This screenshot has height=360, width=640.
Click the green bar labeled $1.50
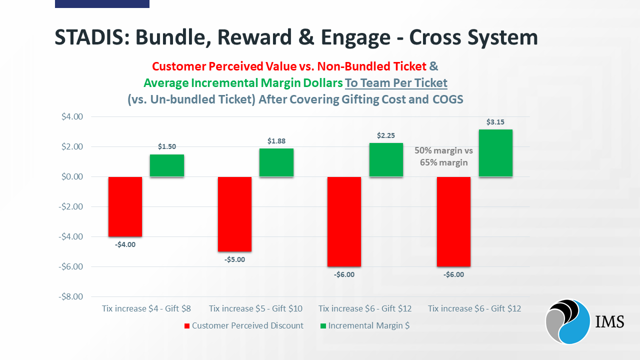point(167,165)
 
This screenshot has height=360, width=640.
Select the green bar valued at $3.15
point(495,153)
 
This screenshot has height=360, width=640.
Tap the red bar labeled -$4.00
point(125,206)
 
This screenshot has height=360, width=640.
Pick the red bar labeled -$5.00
point(234,214)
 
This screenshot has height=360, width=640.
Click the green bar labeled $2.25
point(386,159)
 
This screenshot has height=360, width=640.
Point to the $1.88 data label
point(276,141)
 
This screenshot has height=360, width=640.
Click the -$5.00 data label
point(234,259)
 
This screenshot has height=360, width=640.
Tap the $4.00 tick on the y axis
point(72,117)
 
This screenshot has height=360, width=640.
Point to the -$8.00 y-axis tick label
point(71,296)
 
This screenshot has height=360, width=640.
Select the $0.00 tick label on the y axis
point(72,177)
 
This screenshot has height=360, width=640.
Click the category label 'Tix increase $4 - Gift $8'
point(146,308)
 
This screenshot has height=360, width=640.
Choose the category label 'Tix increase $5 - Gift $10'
point(255,308)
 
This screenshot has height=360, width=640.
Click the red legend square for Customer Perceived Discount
point(187,326)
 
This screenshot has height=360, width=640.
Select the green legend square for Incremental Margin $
point(323,326)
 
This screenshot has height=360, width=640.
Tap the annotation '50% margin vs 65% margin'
point(444,156)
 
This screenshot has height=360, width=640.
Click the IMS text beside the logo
point(610,321)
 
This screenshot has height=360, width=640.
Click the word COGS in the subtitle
point(445,99)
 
